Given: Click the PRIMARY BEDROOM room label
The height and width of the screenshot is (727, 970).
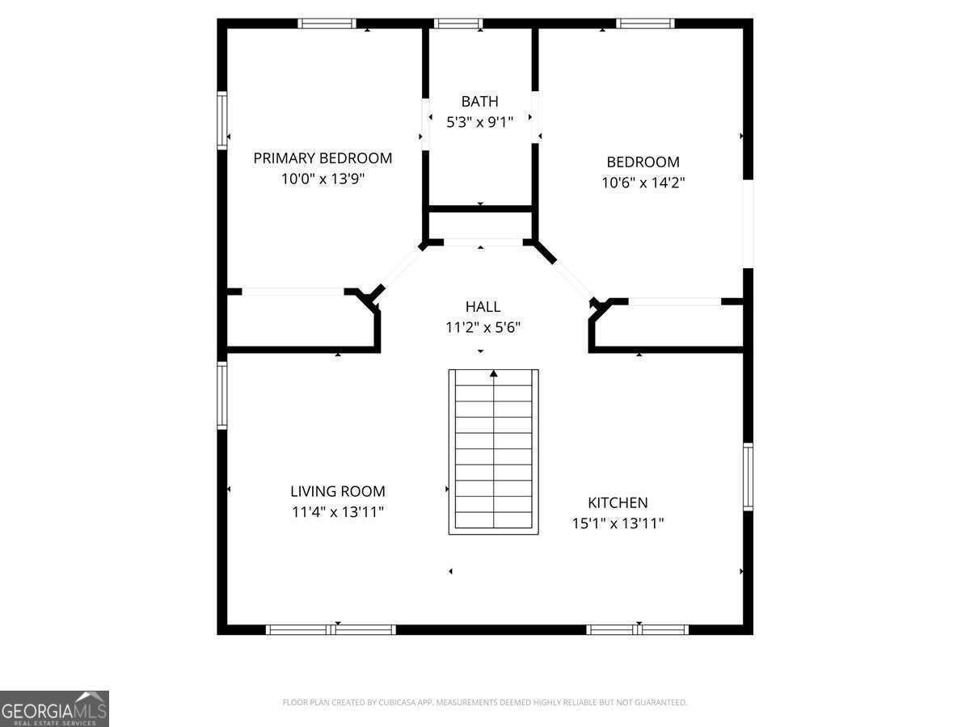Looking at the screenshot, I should pyautogui.click(x=323, y=158).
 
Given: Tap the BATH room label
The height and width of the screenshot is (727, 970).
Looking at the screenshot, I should pyautogui.click(x=480, y=102).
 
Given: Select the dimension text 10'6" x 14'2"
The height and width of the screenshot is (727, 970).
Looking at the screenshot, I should pyautogui.click(x=643, y=183).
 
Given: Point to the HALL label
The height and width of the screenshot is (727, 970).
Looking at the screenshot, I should pyautogui.click(x=483, y=307).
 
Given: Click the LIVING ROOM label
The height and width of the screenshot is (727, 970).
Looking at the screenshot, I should pyautogui.click(x=338, y=491).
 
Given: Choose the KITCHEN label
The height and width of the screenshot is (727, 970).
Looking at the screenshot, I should pyautogui.click(x=618, y=502).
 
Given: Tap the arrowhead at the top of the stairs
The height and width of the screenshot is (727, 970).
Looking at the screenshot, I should pyautogui.click(x=493, y=373).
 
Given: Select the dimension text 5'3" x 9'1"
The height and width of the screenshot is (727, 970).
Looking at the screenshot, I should pyautogui.click(x=480, y=123).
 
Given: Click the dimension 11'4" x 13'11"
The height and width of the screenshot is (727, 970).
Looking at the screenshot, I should pyautogui.click(x=338, y=511).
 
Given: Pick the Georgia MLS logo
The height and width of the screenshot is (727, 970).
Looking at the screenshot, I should pyautogui.click(x=54, y=708).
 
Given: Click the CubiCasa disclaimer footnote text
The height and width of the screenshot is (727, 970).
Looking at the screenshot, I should pyautogui.click(x=485, y=703).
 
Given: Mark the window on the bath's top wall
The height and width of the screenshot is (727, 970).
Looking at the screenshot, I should pyautogui.click(x=458, y=23).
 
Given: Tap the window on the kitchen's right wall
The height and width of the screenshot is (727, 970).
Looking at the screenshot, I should pyautogui.click(x=748, y=477).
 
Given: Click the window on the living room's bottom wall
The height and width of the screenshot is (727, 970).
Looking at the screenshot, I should pyautogui.click(x=331, y=629).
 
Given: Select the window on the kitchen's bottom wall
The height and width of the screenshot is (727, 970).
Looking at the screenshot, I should pyautogui.click(x=637, y=629).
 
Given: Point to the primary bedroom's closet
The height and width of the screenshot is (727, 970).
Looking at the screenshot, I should pyautogui.click(x=299, y=322).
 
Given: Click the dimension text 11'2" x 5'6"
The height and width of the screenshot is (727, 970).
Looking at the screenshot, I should pyautogui.click(x=483, y=328).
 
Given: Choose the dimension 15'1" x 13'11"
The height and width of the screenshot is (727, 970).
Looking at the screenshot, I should pyautogui.click(x=618, y=523).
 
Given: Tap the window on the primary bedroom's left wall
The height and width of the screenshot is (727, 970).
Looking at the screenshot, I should pyautogui.click(x=221, y=120).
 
